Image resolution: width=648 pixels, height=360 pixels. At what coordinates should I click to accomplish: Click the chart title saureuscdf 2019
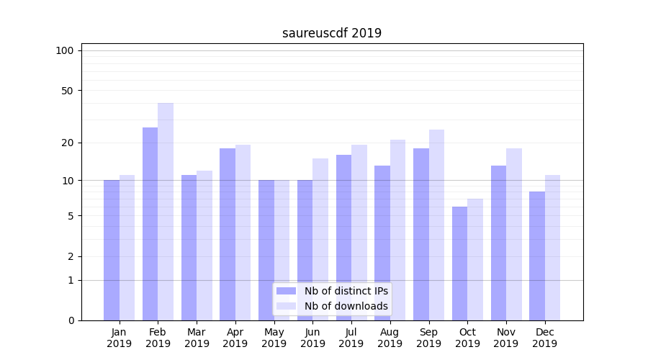tap(332, 33)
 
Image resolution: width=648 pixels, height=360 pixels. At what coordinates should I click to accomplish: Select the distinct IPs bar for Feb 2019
tap(150, 223)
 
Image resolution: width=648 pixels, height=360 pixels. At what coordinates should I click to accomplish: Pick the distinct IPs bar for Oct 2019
tap(459, 263)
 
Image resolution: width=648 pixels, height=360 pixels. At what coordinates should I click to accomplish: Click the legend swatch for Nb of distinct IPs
tap(286, 291)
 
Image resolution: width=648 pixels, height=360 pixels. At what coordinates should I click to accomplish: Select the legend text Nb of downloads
tap(346, 306)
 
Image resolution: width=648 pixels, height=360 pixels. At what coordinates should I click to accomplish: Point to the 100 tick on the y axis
tap(65, 50)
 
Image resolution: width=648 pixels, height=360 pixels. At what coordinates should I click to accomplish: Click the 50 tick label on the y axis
tap(67, 91)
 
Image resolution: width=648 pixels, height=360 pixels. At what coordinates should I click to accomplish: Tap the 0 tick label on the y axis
tap(71, 320)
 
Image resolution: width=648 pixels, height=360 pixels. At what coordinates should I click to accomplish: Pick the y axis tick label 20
tap(67, 143)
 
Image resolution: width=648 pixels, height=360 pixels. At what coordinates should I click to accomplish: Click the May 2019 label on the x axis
tap(274, 338)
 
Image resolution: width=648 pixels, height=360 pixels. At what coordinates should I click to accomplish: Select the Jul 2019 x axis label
tap(351, 338)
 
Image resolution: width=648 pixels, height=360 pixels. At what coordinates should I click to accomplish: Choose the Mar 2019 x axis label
tap(197, 338)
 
